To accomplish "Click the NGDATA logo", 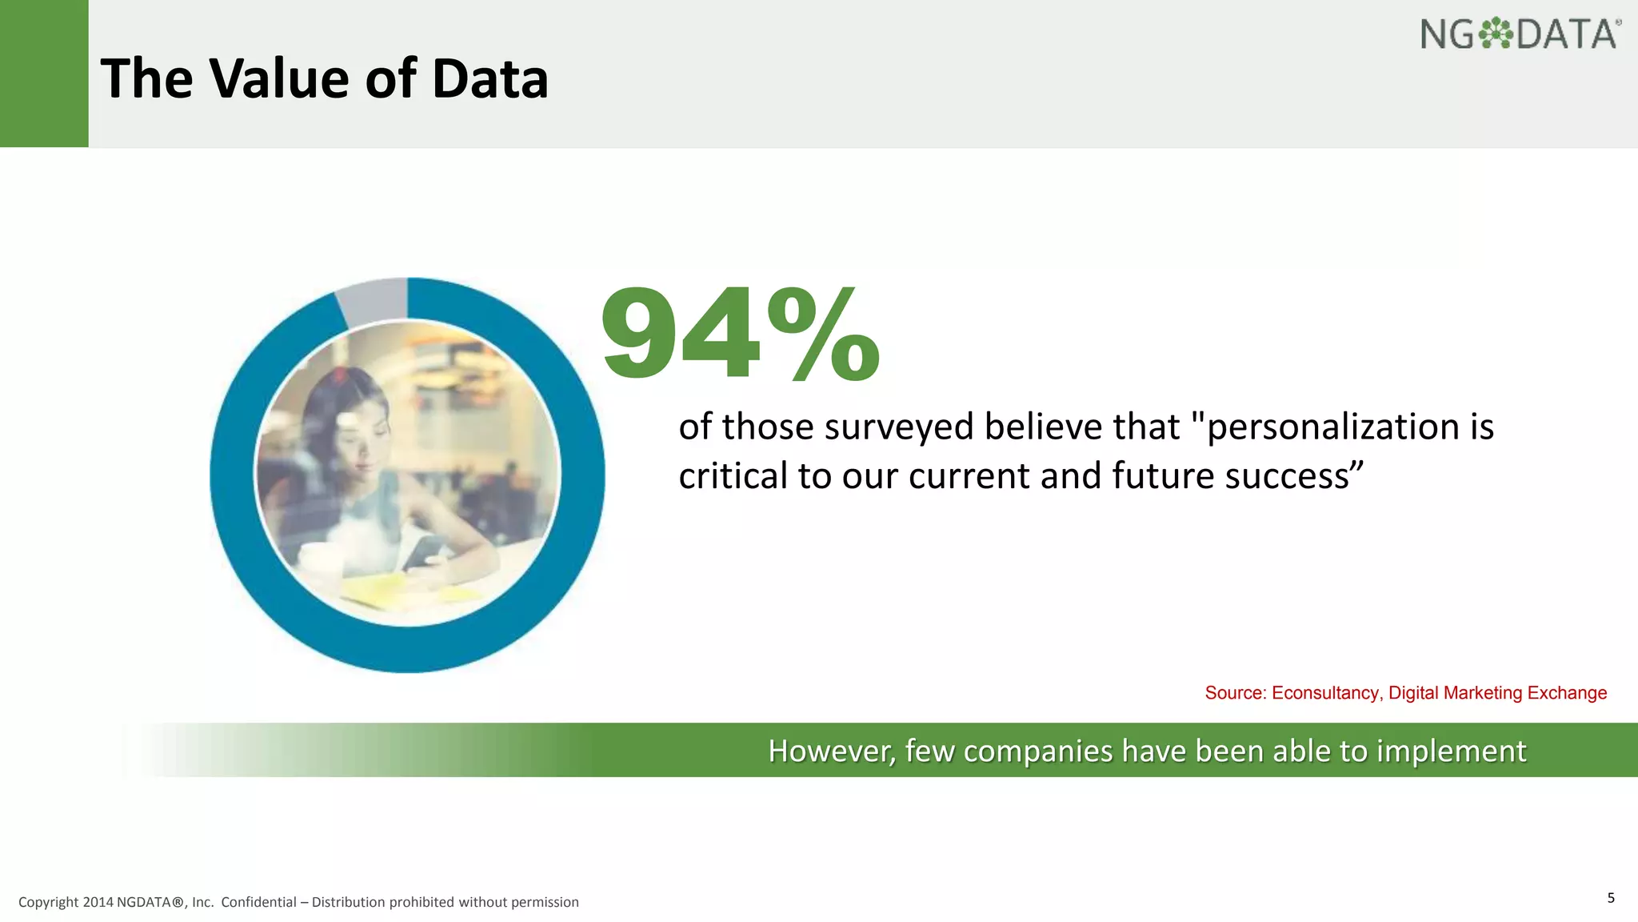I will click(1520, 34).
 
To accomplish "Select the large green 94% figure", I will click(740, 335).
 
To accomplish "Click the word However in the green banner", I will click(831, 752).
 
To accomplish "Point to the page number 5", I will click(1611, 897).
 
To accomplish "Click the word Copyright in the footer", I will click(48, 902).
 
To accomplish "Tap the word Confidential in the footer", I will click(258, 902).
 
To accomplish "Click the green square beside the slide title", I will click(44, 74).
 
